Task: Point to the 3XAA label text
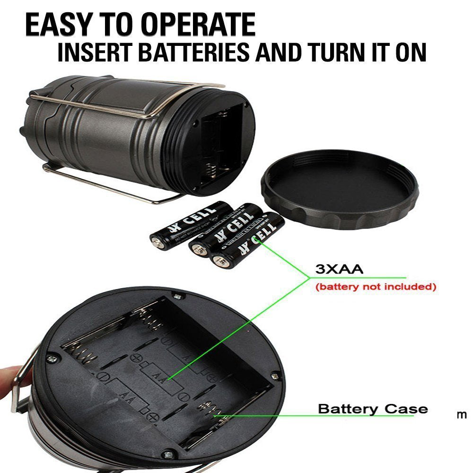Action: tap(339, 270)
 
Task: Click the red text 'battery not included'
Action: tap(375, 287)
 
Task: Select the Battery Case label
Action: tap(373, 409)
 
